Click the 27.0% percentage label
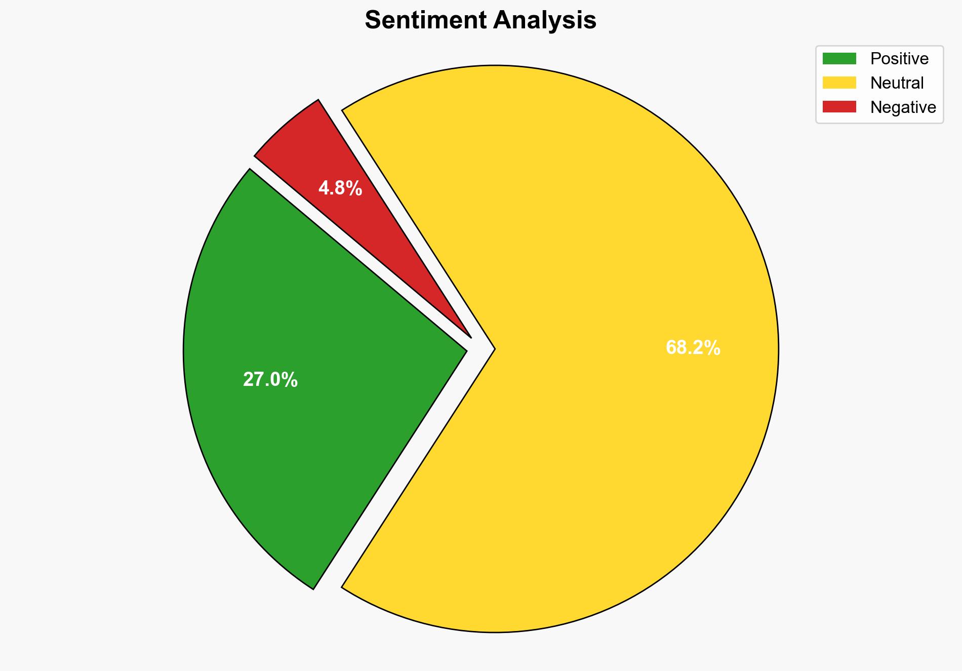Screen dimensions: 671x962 tap(270, 380)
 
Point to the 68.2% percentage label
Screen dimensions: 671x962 tap(693, 348)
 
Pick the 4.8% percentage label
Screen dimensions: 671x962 tap(340, 188)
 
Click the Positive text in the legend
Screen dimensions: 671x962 tap(899, 59)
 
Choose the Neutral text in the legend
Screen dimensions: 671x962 tap(897, 83)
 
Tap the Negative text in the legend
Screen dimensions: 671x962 tap(903, 107)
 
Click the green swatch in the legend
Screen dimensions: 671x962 tap(839, 59)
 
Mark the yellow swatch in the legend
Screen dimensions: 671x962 tap(839, 83)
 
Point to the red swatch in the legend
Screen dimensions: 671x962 tap(839, 107)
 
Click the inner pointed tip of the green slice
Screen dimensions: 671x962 tap(465, 349)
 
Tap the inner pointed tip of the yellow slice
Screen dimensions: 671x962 tap(493, 348)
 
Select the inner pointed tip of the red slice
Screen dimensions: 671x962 tap(470, 336)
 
